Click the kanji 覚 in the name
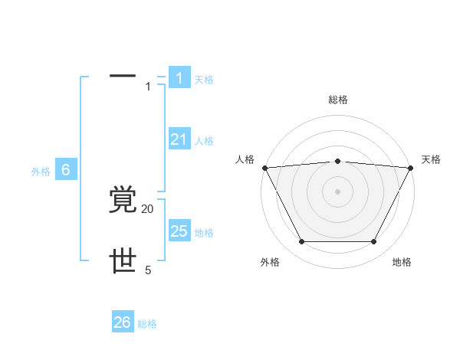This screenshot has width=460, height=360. click(123, 200)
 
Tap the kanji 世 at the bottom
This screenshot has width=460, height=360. click(123, 261)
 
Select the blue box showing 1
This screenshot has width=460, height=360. click(179, 78)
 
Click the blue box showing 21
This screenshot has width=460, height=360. click(179, 139)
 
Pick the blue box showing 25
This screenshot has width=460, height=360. click(179, 231)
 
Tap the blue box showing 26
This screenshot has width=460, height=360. click(123, 322)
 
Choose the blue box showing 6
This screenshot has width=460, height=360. click(66, 170)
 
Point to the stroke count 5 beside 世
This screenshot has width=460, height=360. click(148, 270)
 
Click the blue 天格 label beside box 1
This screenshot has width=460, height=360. click(204, 80)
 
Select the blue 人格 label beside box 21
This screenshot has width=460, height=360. click(204, 141)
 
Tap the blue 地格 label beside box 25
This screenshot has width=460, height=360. click(204, 233)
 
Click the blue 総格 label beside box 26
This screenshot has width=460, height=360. click(148, 324)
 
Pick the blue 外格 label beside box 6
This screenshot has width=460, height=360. click(41, 172)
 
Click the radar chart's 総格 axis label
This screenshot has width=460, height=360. click(337, 100)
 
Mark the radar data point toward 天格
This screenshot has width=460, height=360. click(410, 168)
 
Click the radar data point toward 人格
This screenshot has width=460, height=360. click(264, 168)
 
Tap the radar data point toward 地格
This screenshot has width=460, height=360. click(374, 242)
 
